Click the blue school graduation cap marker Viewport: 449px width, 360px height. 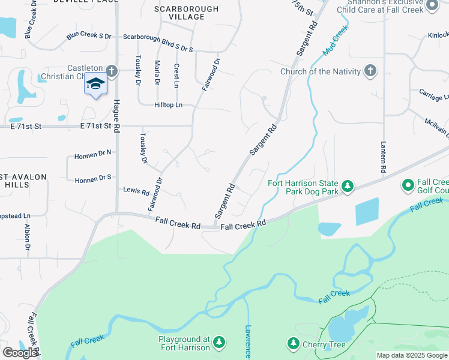point(95,83)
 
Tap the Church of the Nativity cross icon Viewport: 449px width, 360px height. point(370,71)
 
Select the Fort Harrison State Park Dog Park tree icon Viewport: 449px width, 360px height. point(347,188)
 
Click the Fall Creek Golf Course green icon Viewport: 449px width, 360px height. point(408,185)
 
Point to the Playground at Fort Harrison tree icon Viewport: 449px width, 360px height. point(219,343)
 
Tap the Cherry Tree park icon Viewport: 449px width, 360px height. point(294,344)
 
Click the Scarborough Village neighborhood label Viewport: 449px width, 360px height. point(187,13)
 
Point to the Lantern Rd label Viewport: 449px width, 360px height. point(383,157)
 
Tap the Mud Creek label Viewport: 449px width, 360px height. point(335,41)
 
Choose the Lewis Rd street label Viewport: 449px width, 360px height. point(136,191)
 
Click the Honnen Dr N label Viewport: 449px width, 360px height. point(93,154)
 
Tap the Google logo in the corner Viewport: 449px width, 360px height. point(20,353)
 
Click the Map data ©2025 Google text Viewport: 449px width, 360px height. point(411,355)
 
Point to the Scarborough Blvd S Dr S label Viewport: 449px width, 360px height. point(158,37)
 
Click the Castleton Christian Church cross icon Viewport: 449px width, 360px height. point(110,70)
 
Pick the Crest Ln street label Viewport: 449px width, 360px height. point(176,74)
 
